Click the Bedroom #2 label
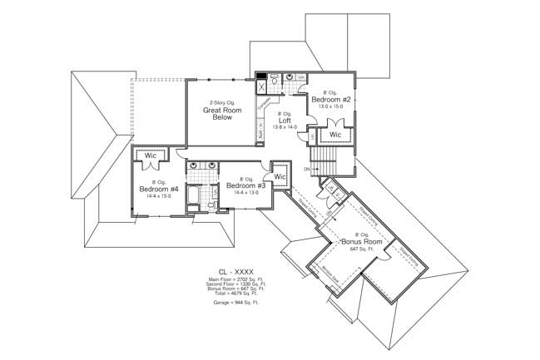tap(333, 100)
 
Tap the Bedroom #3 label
tap(246, 185)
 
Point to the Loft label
tap(285, 120)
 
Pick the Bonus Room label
tap(361, 242)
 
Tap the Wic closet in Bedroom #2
tap(335, 134)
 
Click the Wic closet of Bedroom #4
tap(151, 155)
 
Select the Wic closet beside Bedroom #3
tap(280, 176)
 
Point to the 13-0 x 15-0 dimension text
tap(333, 106)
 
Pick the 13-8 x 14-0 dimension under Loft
tap(285, 126)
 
